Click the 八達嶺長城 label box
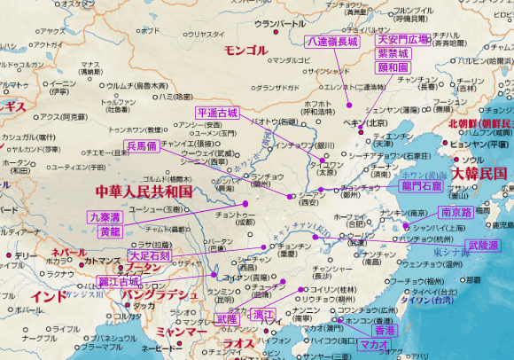[x=331, y=42]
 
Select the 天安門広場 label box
[x=402, y=40]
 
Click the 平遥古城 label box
[x=217, y=113]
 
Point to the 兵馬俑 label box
[x=143, y=145]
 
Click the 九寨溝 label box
[x=105, y=217]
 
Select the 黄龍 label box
[x=110, y=231]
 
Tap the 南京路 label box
[x=455, y=213]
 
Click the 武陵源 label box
[x=483, y=244]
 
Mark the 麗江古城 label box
[x=119, y=282]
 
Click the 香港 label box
[x=385, y=329]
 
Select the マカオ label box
[x=375, y=343]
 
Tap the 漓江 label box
[x=263, y=316]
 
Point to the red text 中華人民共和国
[x=144, y=191]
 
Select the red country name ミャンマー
[x=180, y=331]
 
